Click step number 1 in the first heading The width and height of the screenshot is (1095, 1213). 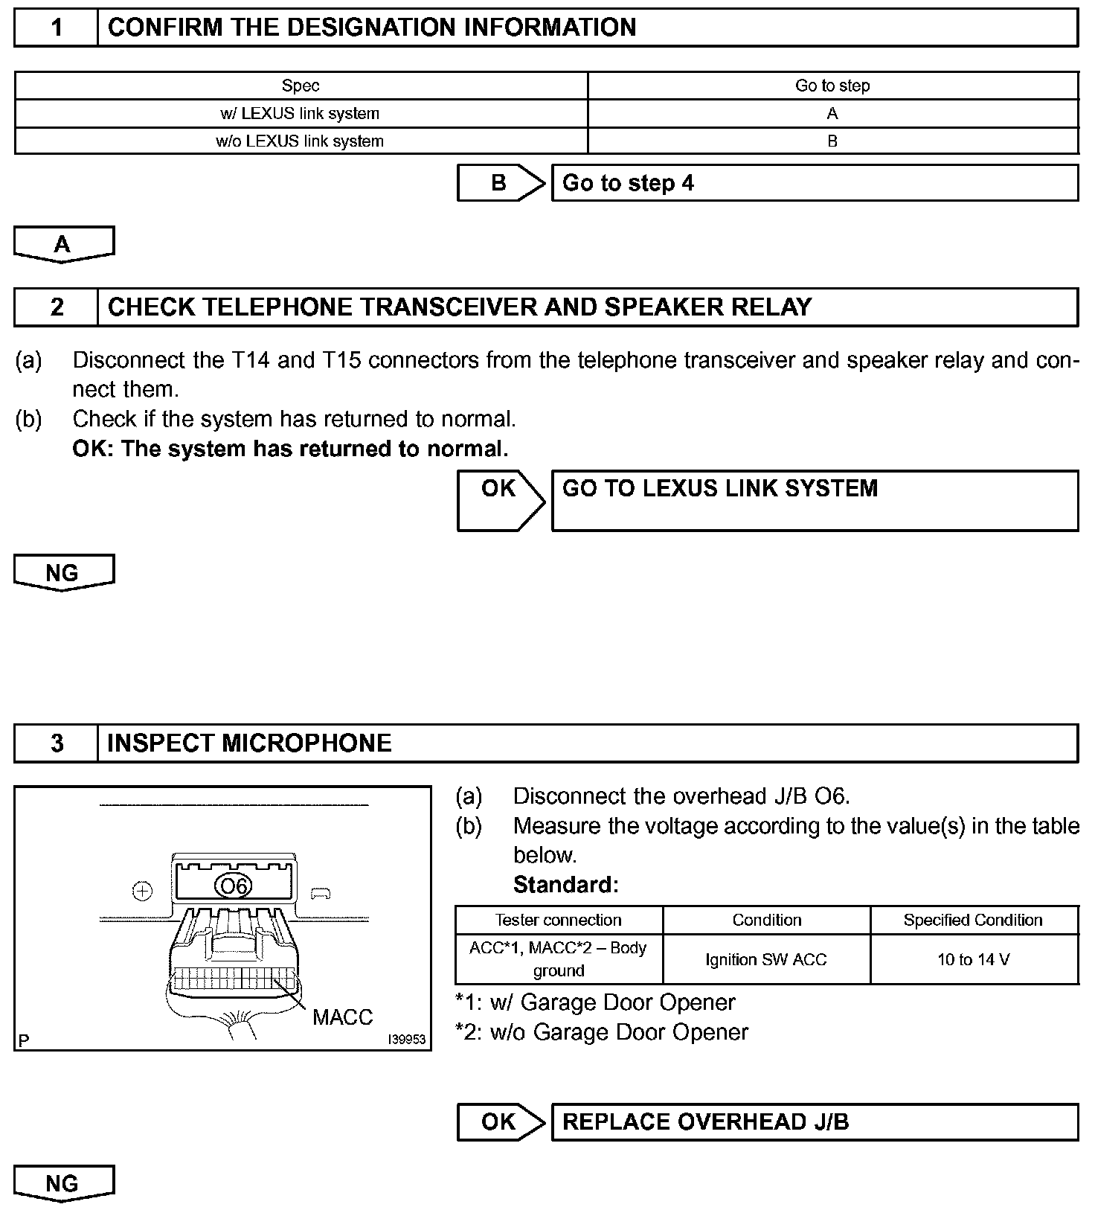(x=57, y=28)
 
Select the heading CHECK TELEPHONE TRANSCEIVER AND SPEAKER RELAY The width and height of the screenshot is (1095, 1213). (x=459, y=307)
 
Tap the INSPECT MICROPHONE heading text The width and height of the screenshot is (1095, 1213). (x=249, y=743)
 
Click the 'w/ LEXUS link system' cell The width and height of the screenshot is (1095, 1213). (x=301, y=114)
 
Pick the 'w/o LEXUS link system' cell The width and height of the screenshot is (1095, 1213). (x=301, y=141)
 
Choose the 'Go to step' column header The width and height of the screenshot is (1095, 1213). (x=832, y=86)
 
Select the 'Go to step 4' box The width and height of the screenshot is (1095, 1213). (x=815, y=183)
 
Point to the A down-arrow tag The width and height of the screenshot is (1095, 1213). (x=63, y=244)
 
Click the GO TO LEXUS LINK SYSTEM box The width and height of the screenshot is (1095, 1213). (x=815, y=500)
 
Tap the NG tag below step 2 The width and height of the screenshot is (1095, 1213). (x=63, y=572)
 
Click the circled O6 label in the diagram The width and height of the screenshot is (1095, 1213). (x=234, y=886)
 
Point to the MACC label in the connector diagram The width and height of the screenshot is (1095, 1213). (x=342, y=1017)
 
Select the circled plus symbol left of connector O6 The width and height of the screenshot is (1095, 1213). (x=142, y=891)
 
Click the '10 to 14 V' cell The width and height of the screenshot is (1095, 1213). (x=974, y=960)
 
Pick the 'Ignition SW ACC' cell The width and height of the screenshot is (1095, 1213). (x=766, y=960)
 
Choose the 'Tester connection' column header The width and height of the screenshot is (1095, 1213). (x=559, y=921)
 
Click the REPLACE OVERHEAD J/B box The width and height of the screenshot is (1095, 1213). (x=815, y=1122)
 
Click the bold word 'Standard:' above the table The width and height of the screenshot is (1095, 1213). (x=566, y=885)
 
